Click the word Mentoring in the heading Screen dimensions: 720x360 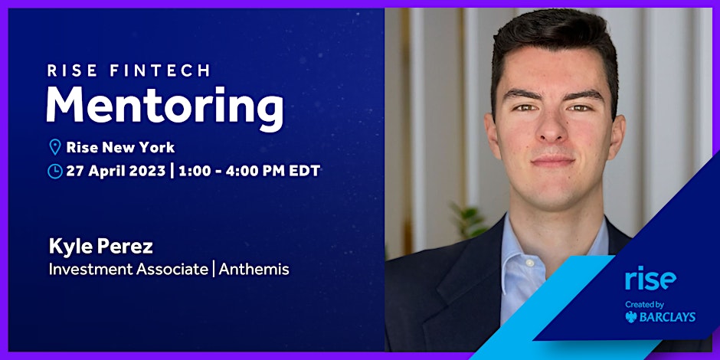tap(165, 106)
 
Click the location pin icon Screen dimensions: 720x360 tap(54, 147)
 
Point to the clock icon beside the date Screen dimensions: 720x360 tap(54, 172)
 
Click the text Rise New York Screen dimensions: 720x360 tap(120, 147)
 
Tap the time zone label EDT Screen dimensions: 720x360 tap(304, 171)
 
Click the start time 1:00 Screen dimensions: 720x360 tap(193, 171)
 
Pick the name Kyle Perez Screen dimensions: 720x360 tap(100, 247)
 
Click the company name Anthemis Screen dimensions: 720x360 tap(254, 269)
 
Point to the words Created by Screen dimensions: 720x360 tap(644, 304)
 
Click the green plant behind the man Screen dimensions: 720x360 tap(467, 220)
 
